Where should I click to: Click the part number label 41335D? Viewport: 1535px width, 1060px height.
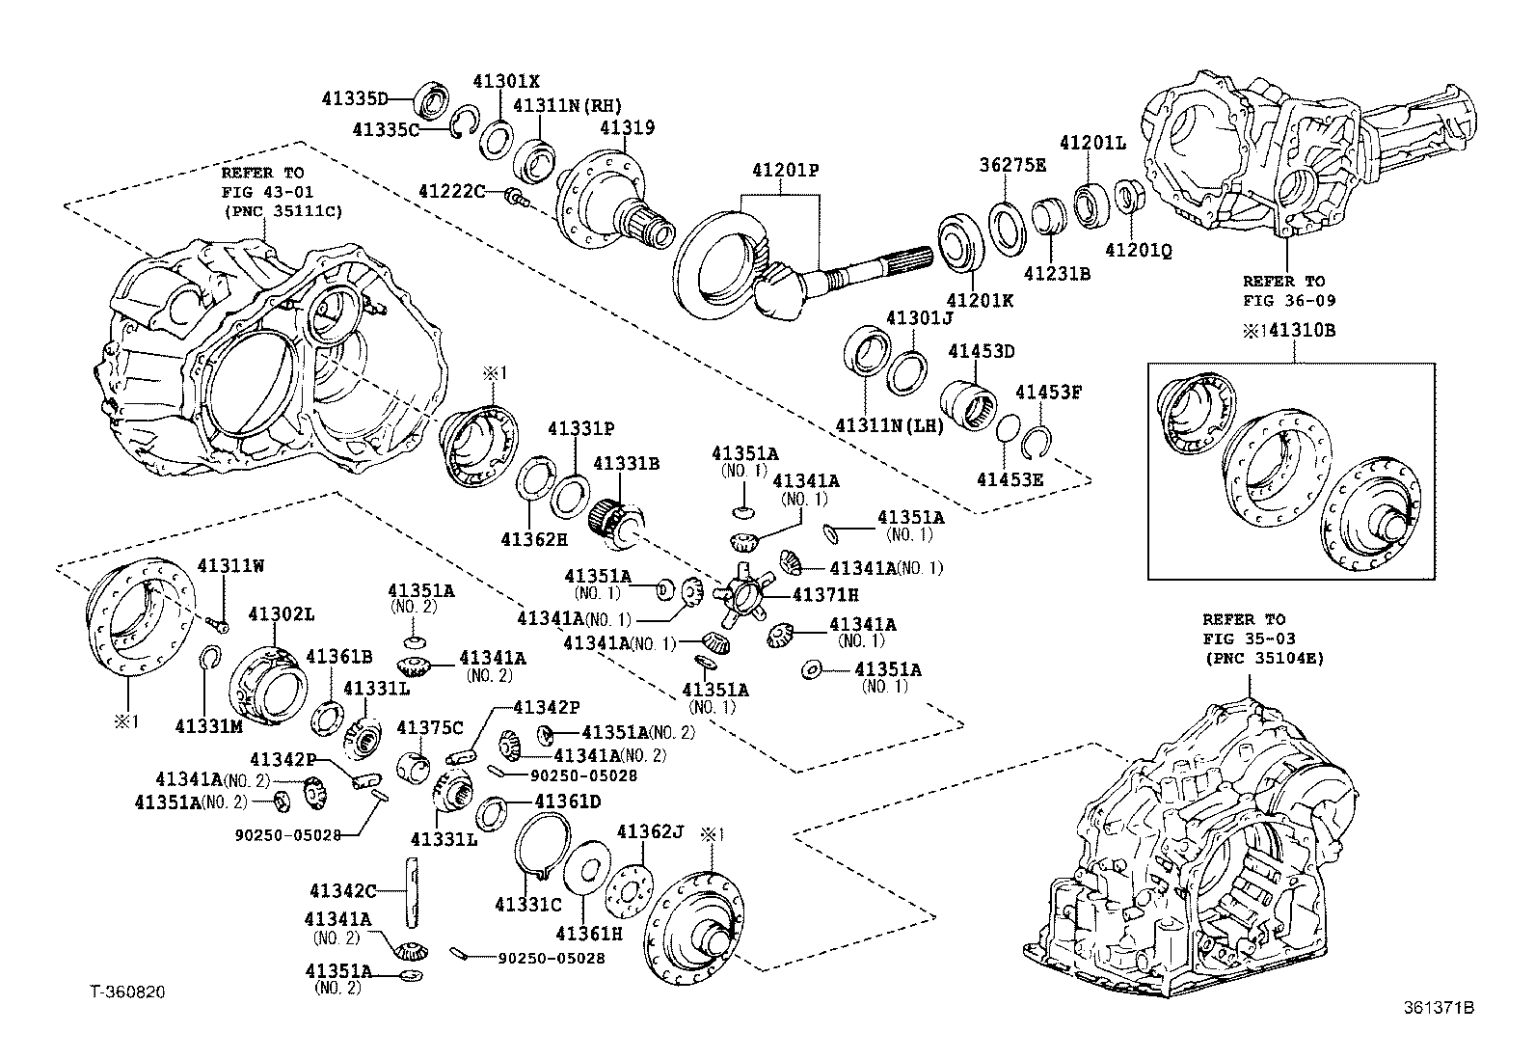(x=354, y=98)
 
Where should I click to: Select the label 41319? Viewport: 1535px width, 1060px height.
(x=627, y=127)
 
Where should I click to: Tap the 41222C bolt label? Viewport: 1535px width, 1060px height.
(x=451, y=192)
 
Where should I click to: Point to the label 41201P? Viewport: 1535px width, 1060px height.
(x=786, y=171)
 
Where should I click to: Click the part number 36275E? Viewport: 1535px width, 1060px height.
(x=1012, y=165)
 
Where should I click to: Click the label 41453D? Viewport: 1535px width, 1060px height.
(x=982, y=351)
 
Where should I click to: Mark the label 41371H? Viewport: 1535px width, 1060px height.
(x=825, y=595)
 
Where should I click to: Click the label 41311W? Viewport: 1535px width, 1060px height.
(x=230, y=566)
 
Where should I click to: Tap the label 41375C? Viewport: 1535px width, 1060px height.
(x=430, y=727)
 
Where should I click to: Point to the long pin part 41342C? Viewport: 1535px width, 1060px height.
(x=413, y=892)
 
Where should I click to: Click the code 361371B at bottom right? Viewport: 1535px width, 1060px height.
(x=1439, y=1009)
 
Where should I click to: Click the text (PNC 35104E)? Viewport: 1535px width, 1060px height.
(x=1262, y=658)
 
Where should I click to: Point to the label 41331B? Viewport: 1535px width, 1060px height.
(x=626, y=464)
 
